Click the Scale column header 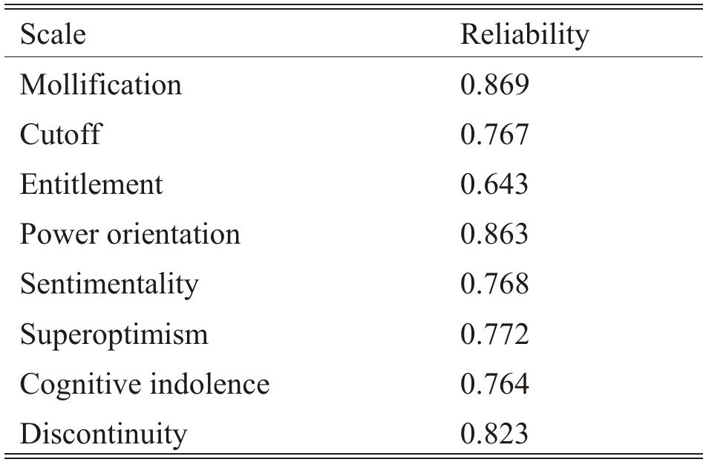(x=53, y=35)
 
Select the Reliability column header (x=524, y=35)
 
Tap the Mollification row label (x=100, y=85)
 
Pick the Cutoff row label (x=60, y=134)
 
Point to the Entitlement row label (x=91, y=184)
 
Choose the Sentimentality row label (x=109, y=284)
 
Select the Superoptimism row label (x=114, y=334)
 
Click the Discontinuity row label (x=103, y=433)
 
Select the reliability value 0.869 (x=494, y=85)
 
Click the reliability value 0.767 (x=494, y=134)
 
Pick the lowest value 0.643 (x=494, y=184)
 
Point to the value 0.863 (x=494, y=234)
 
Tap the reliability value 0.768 (x=494, y=284)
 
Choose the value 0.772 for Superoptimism (x=494, y=334)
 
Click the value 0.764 (x=494, y=383)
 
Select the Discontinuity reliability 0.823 (x=494, y=433)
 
